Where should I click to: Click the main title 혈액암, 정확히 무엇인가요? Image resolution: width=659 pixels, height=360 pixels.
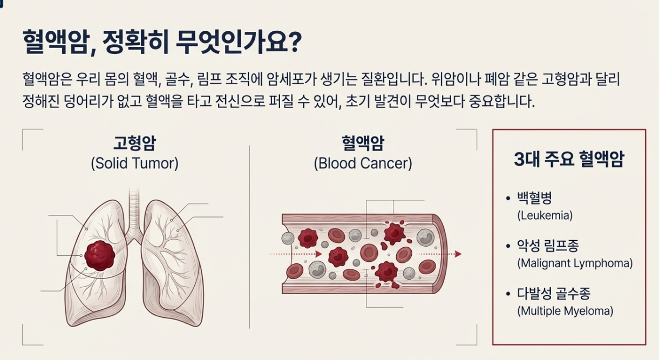click(162, 42)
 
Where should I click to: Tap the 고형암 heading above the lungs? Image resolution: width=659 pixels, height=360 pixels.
click(134, 144)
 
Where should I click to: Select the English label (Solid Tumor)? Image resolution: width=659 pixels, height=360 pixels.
click(134, 163)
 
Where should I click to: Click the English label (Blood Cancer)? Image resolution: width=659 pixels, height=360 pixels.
click(363, 163)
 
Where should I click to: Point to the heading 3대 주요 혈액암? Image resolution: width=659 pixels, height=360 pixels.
click(568, 160)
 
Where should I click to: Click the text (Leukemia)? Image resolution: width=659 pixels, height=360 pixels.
click(545, 215)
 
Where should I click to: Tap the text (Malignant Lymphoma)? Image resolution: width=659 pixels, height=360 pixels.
click(575, 263)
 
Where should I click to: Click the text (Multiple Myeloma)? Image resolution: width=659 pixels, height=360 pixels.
click(565, 311)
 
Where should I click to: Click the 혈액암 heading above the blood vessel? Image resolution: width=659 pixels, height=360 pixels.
click(363, 144)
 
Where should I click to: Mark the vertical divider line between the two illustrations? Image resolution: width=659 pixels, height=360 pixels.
click(249, 237)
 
